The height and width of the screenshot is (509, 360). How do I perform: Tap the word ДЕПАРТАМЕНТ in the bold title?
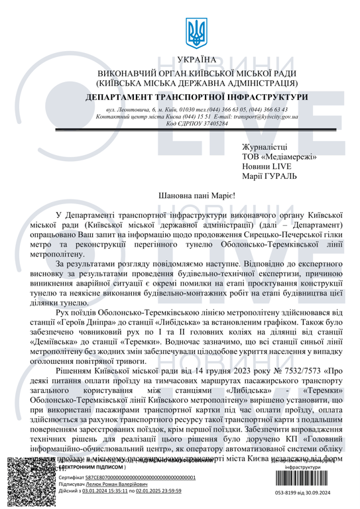[x=137, y=97]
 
